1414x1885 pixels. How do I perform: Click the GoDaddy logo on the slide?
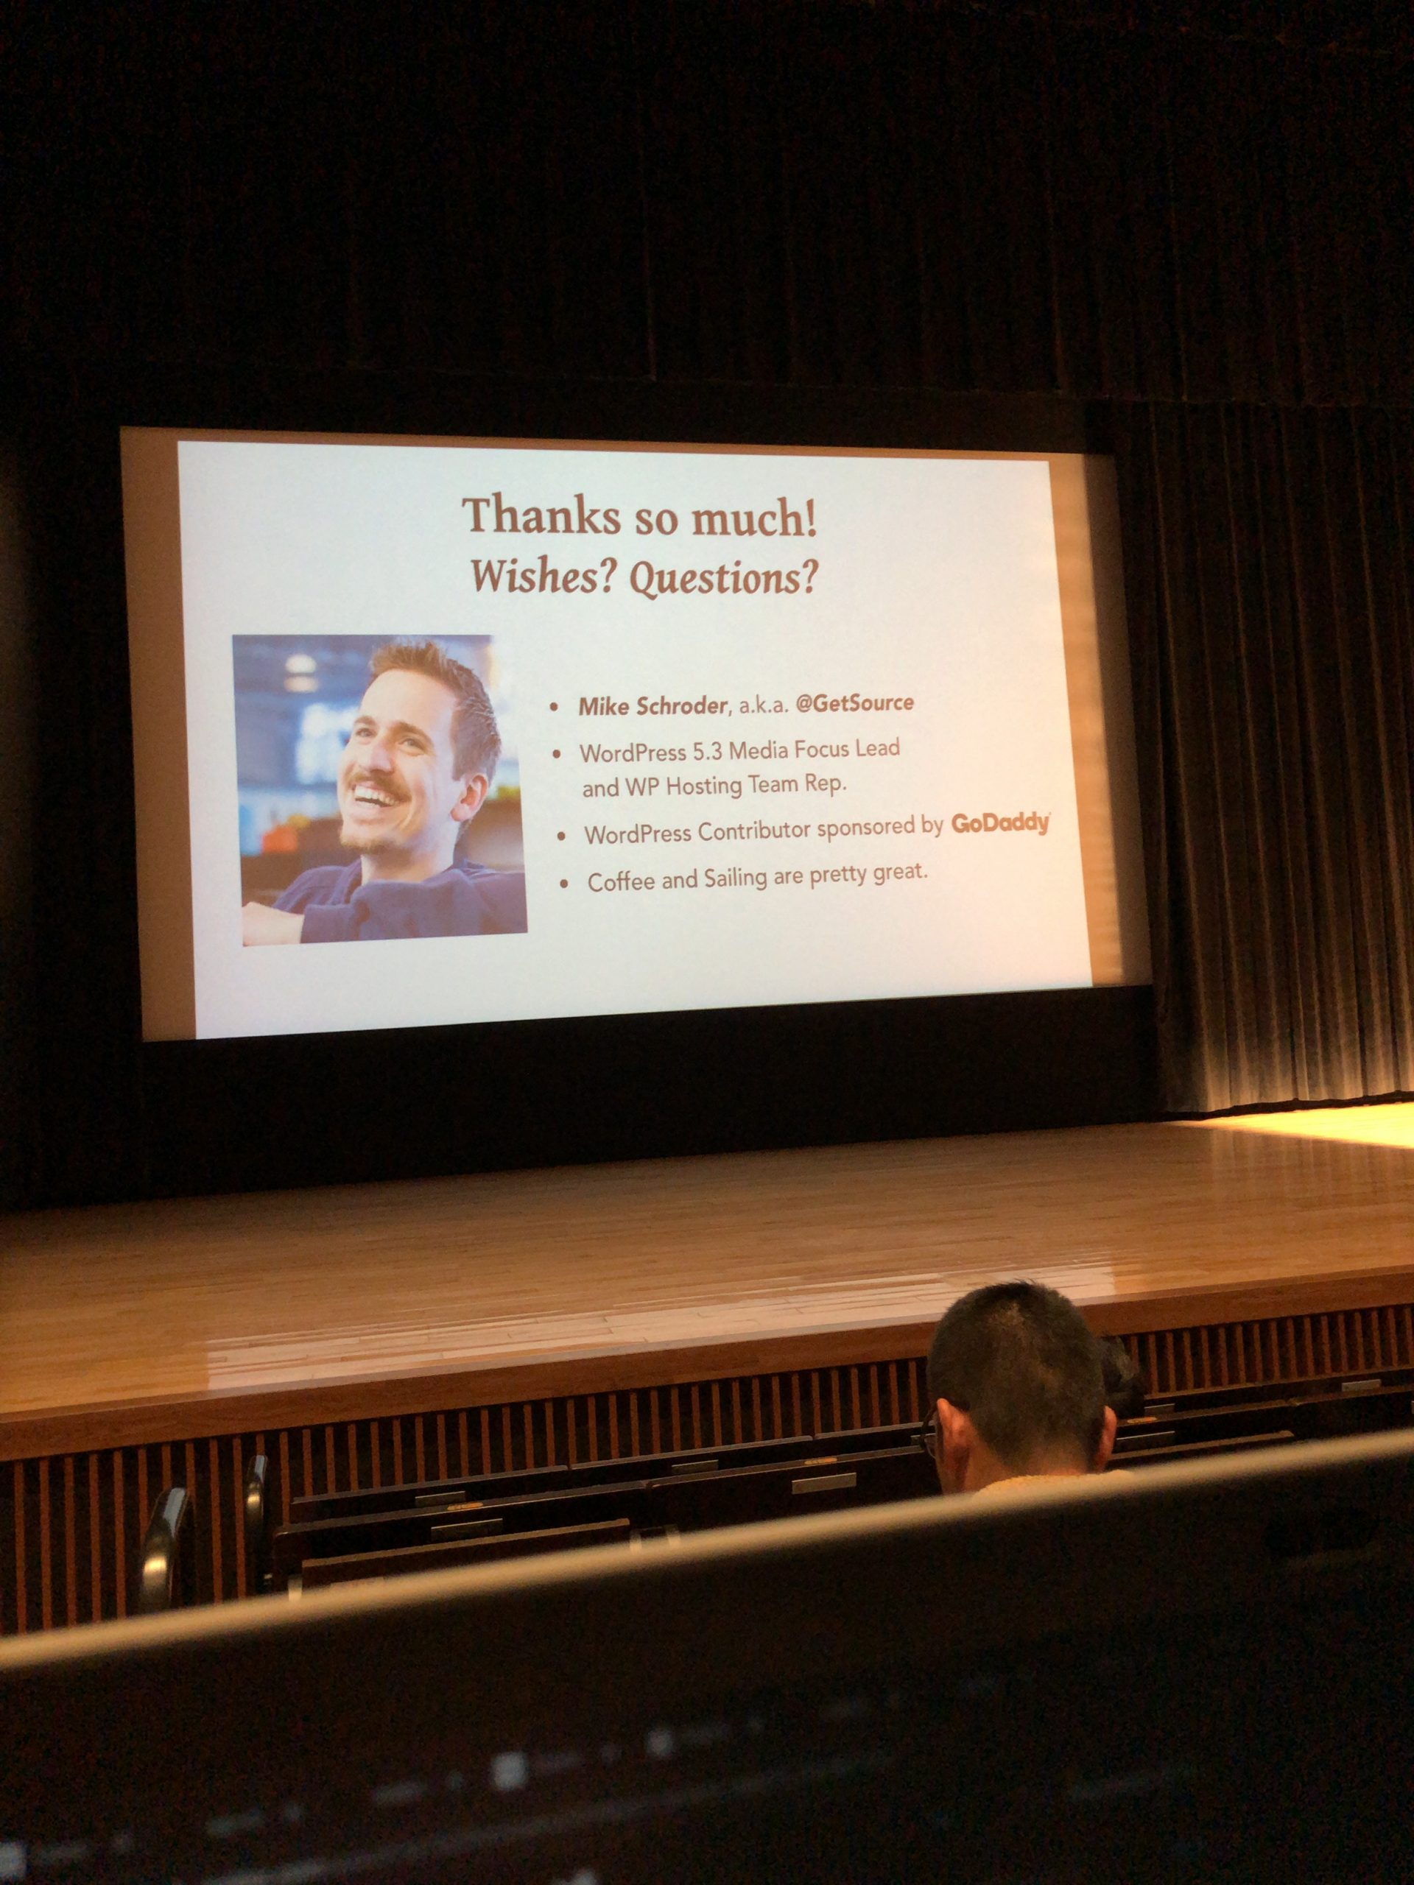[x=1001, y=824]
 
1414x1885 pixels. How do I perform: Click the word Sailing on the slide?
[x=736, y=878]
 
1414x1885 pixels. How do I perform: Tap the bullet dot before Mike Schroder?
[x=555, y=706]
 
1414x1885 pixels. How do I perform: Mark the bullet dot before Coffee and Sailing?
[x=563, y=884]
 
